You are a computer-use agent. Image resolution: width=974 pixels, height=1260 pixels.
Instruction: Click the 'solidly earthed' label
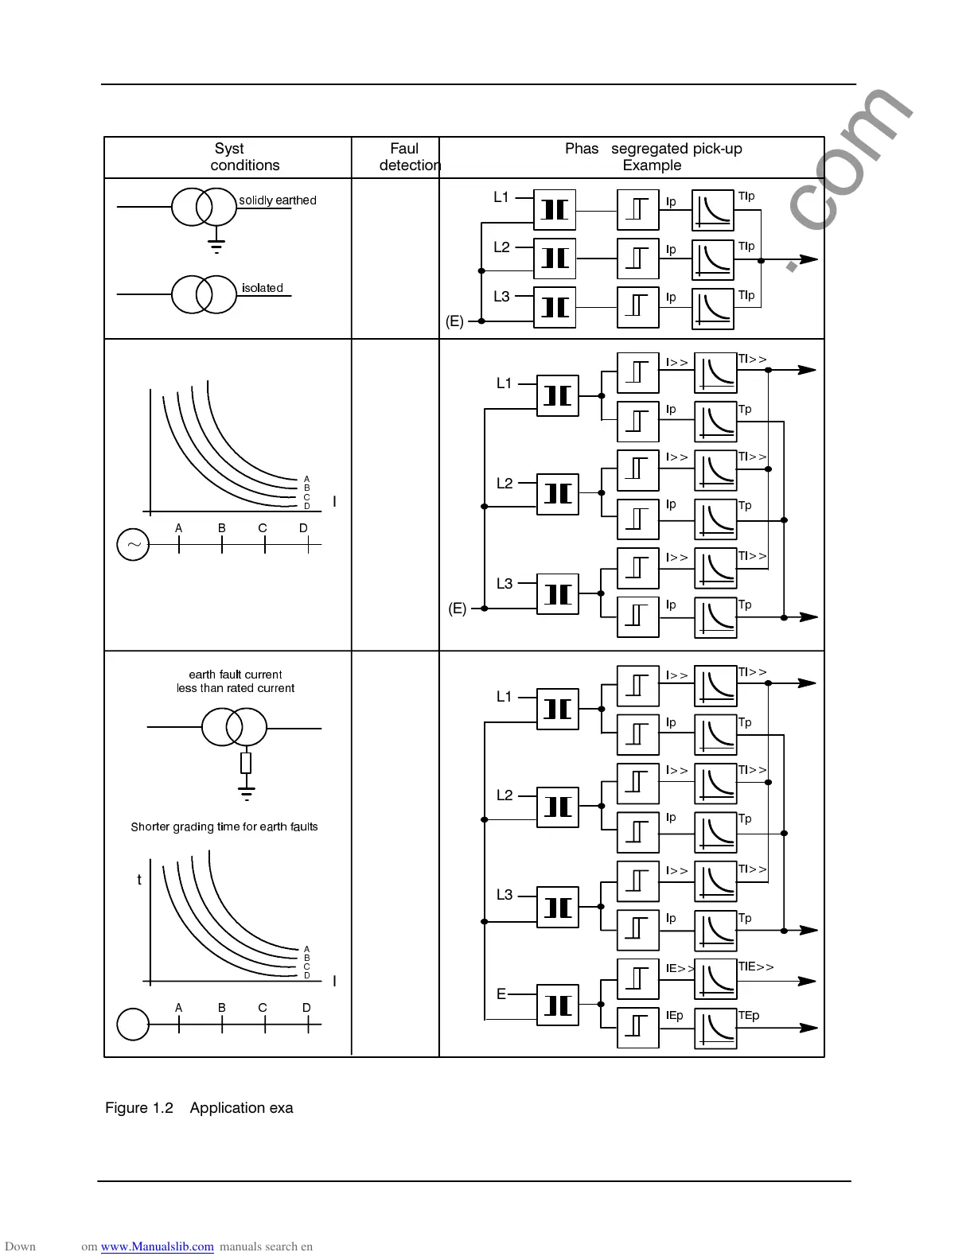(277, 200)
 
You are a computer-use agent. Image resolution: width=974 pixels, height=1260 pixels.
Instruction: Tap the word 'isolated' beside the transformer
(262, 288)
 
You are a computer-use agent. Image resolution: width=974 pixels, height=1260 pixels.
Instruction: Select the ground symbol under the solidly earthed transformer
(216, 245)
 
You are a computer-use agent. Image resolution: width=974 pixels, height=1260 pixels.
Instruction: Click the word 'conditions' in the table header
(244, 165)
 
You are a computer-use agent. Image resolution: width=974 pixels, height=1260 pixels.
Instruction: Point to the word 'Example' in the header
(652, 165)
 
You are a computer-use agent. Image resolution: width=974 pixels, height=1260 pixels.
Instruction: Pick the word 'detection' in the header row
(409, 165)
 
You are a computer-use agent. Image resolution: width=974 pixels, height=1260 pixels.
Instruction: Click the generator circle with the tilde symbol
(133, 545)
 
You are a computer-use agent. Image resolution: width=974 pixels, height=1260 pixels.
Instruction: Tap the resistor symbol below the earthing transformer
(246, 764)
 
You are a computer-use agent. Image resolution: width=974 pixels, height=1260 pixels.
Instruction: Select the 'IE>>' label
(680, 969)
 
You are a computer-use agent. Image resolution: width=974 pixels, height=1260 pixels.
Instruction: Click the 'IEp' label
(674, 1016)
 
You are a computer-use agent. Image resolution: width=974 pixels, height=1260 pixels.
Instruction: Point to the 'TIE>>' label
(755, 967)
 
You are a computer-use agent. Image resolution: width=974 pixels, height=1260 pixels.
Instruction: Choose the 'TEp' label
(748, 1016)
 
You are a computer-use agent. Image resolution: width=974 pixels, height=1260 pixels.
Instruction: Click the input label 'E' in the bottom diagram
(501, 994)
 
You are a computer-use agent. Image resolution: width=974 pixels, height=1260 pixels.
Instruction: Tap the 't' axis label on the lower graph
(139, 880)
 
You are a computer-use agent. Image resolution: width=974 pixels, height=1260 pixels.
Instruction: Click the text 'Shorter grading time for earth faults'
(224, 827)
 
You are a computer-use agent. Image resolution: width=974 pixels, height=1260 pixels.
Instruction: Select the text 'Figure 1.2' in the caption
(139, 1108)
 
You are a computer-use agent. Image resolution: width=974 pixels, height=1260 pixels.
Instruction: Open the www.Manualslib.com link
(157, 1246)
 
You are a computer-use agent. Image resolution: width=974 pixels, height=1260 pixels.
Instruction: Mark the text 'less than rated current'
(236, 688)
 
